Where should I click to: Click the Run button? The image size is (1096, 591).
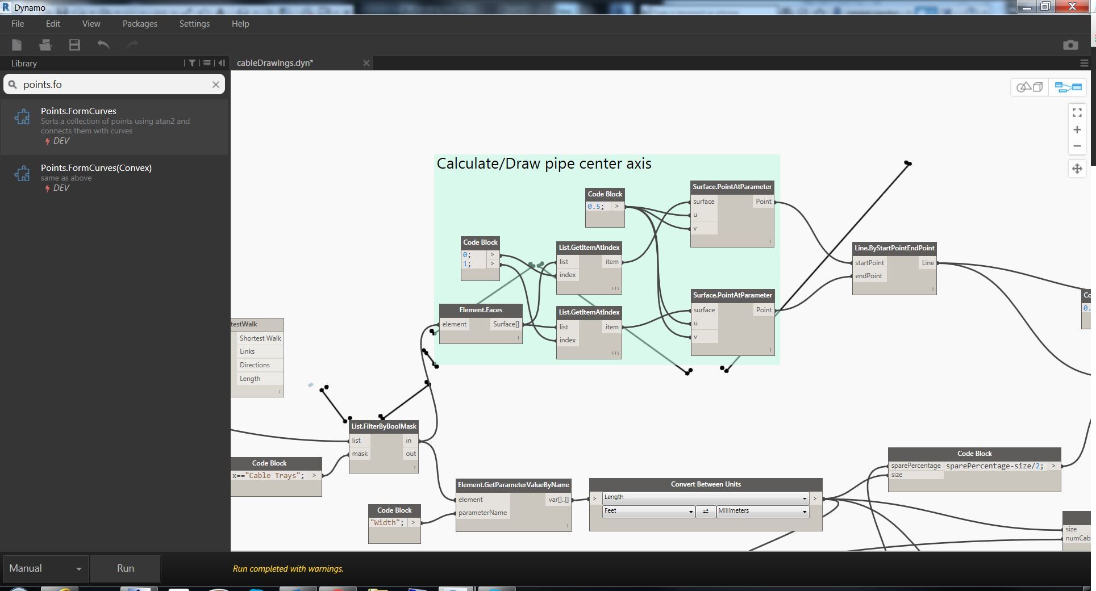126,568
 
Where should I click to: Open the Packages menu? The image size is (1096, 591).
140,24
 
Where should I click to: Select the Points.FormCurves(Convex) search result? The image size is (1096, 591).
96,168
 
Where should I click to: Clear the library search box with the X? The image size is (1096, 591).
216,85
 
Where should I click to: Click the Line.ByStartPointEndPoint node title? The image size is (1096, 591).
894,248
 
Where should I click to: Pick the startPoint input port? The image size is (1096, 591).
869,263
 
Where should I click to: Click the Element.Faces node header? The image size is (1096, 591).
481,310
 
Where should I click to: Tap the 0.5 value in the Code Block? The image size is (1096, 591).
595,207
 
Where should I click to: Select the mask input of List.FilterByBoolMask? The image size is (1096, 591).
360,454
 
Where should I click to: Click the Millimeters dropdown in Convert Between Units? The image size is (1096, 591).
762,511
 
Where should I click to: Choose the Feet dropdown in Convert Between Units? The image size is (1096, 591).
648,511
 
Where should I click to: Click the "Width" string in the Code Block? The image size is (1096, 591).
386,523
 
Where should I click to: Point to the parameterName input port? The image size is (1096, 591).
482,513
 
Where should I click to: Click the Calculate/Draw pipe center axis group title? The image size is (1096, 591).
544,164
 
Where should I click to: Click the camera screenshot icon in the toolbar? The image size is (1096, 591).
1070,45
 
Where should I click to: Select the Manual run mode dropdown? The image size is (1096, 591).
45,568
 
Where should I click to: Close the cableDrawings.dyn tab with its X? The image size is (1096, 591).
366,63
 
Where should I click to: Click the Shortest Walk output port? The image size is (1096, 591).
260,338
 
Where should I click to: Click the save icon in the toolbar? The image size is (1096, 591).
74,45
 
